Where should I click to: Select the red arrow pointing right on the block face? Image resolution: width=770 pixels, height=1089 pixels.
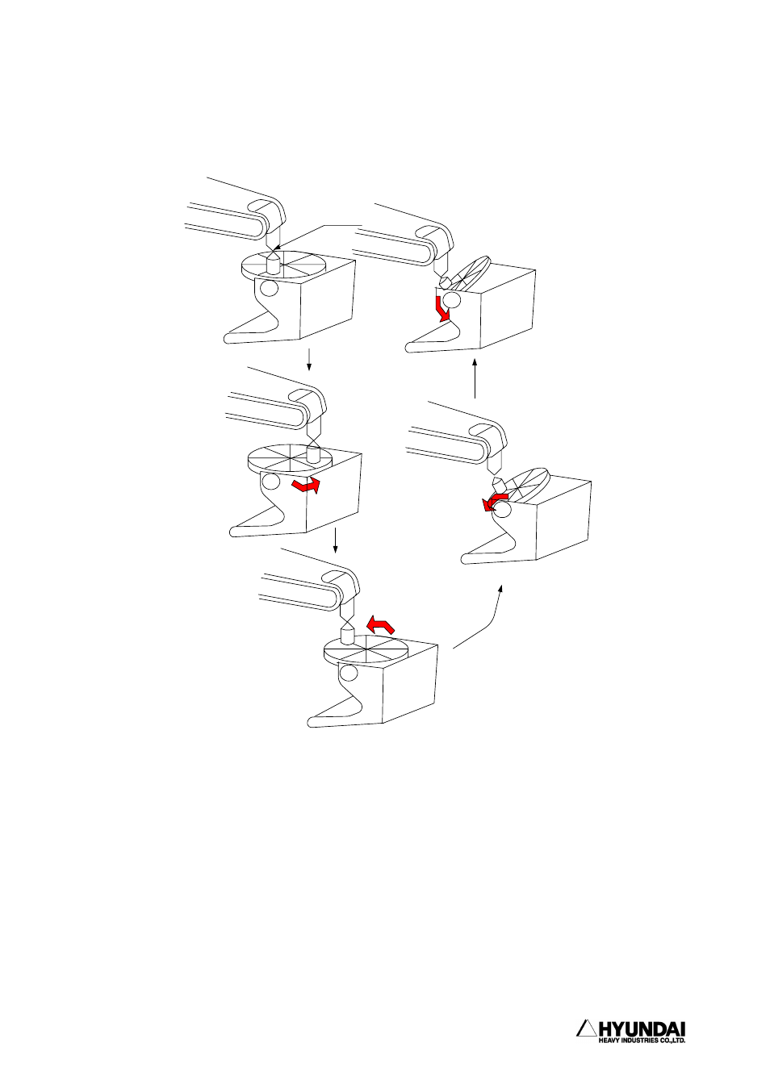point(307,485)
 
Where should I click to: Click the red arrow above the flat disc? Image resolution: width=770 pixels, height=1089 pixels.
point(380,624)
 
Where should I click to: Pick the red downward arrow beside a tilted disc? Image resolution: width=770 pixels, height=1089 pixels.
point(442,309)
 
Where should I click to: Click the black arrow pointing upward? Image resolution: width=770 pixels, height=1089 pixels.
point(475,378)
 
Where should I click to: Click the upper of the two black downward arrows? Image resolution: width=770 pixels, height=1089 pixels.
point(309,359)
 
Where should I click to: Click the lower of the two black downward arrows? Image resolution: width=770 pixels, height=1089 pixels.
point(335,540)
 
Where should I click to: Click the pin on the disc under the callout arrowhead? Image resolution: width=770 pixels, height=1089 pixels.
point(272,263)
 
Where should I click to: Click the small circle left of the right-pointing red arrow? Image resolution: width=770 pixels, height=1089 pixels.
point(270,482)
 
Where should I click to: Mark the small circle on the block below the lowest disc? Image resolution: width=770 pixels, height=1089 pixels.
point(348,674)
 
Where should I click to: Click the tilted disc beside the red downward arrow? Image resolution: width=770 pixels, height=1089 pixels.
point(470,273)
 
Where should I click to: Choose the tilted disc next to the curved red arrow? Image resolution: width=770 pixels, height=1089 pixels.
point(525,486)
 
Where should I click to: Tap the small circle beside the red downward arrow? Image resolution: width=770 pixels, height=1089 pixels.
point(451,300)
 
